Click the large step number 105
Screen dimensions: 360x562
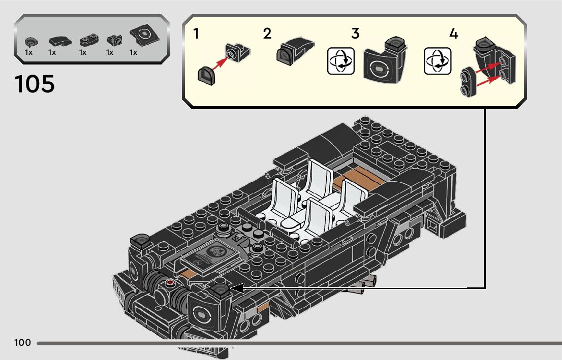(35, 84)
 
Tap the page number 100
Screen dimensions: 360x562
(22, 343)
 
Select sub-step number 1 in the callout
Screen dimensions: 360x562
(196, 34)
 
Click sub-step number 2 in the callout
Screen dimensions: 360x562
(267, 34)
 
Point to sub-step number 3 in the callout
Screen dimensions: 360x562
(355, 34)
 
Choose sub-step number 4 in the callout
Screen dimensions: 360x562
(454, 34)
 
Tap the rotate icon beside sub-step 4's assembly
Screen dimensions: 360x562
(437, 61)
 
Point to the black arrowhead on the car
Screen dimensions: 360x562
(236, 289)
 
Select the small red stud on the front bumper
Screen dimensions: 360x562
(170, 282)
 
